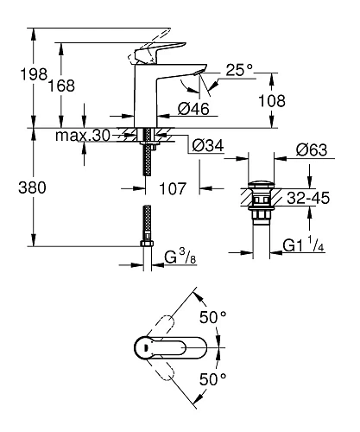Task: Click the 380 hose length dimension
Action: pyautogui.click(x=26, y=187)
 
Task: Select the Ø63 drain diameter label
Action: pyautogui.click(x=312, y=150)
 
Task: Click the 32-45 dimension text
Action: pyautogui.click(x=308, y=197)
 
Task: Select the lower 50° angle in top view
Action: pyautogui.click(x=212, y=378)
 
